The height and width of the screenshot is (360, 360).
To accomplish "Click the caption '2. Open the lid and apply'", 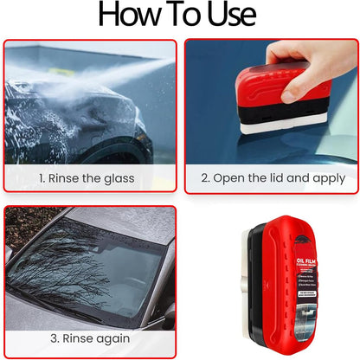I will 273,178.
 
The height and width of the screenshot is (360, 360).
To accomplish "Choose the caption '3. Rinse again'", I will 89,337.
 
